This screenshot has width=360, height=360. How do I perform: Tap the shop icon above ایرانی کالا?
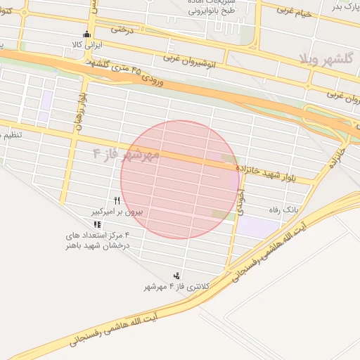point(87,34)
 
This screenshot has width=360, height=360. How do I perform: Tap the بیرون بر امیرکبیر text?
point(117,211)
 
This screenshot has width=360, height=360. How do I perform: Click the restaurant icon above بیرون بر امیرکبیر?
point(117,200)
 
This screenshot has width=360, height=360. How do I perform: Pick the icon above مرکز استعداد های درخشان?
point(96,224)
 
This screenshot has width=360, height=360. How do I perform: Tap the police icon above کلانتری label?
point(176,276)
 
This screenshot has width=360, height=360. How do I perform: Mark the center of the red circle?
point(181,180)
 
